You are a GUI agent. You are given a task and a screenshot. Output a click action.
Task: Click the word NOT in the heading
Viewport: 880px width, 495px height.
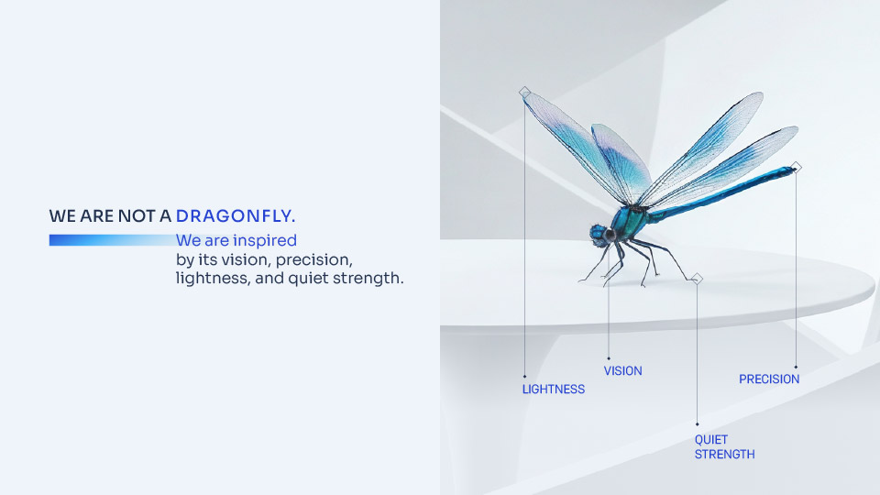click(x=136, y=216)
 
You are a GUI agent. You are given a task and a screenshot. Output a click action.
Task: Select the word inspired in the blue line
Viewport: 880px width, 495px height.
click(x=265, y=241)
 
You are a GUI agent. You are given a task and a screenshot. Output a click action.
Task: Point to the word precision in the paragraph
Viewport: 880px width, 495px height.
click(x=313, y=259)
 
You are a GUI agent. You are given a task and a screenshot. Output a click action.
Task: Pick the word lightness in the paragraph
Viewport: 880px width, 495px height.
click(x=213, y=279)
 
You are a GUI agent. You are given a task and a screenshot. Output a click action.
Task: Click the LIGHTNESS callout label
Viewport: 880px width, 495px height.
click(x=554, y=390)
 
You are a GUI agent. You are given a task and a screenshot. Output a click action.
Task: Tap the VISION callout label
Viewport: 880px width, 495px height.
click(x=623, y=371)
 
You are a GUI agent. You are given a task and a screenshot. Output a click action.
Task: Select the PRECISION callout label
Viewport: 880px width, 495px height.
click(x=769, y=379)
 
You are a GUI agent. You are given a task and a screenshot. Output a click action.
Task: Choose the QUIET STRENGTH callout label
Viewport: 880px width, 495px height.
click(x=724, y=447)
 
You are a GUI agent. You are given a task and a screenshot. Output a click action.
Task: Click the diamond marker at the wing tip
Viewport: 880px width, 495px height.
click(x=524, y=92)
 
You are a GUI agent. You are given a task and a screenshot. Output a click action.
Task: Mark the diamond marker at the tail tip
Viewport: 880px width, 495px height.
click(x=796, y=167)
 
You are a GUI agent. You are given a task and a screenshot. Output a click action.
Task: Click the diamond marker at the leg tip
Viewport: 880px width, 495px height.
click(x=697, y=279)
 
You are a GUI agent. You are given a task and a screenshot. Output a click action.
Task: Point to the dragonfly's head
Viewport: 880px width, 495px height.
click(x=599, y=234)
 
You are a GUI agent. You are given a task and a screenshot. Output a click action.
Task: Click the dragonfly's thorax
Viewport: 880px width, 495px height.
click(x=630, y=221)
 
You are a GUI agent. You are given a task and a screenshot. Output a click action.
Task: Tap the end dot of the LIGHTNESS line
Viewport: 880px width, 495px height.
click(x=524, y=376)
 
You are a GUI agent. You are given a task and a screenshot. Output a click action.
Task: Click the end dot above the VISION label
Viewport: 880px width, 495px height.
click(x=609, y=358)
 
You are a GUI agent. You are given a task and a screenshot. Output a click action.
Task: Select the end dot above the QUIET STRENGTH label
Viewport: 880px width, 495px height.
click(x=697, y=423)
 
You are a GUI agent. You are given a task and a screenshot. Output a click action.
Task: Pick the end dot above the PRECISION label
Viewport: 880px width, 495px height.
click(x=796, y=367)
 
